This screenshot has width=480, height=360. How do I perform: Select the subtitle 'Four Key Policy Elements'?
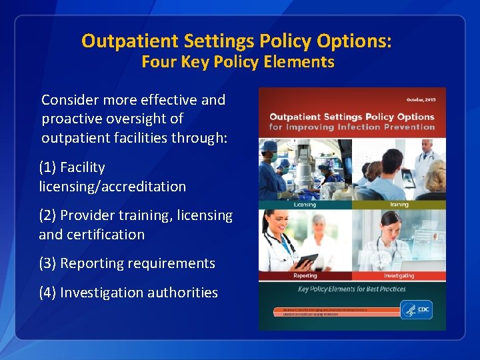click(x=237, y=62)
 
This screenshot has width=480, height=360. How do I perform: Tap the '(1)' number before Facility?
click(x=48, y=167)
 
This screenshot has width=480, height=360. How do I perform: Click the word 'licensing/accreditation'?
click(x=112, y=187)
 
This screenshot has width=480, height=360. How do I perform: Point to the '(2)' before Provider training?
click(x=48, y=215)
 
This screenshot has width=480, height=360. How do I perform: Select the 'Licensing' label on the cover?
click(x=305, y=205)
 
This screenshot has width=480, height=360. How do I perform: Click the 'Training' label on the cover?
click(x=399, y=205)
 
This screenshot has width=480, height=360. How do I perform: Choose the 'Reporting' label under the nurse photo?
click(x=305, y=275)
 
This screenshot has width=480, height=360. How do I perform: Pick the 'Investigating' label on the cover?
click(x=399, y=275)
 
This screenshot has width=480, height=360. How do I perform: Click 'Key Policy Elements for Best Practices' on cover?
click(x=351, y=289)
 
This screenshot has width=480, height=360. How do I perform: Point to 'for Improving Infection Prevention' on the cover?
click(x=351, y=127)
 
